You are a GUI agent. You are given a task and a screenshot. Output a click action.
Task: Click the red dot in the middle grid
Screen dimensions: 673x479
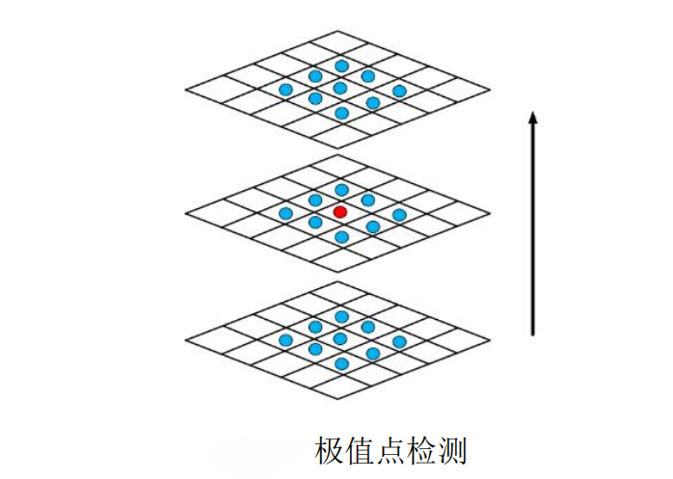click(x=339, y=211)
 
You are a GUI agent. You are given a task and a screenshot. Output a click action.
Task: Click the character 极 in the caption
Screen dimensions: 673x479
click(x=331, y=450)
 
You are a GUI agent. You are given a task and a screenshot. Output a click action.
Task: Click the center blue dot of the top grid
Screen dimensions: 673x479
click(x=339, y=88)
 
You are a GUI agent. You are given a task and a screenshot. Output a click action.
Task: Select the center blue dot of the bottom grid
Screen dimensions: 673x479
click(x=339, y=338)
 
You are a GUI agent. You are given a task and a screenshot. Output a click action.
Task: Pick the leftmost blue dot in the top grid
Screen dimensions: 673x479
click(x=285, y=90)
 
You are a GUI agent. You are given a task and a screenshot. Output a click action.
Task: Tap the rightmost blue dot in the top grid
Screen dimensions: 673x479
click(x=399, y=91)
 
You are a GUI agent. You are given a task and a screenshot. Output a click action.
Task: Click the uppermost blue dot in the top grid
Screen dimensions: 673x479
click(x=341, y=66)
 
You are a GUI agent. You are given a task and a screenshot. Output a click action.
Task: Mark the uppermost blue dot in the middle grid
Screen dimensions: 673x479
click(x=341, y=190)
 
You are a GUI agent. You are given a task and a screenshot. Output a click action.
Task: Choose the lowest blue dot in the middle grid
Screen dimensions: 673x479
click(x=341, y=237)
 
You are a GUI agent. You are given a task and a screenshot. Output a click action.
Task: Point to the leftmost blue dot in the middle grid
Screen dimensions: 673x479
click(x=285, y=213)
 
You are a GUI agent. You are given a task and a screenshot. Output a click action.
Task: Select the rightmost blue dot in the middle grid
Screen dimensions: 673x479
click(x=399, y=215)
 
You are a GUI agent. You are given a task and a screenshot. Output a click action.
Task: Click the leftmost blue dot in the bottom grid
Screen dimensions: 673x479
click(x=285, y=340)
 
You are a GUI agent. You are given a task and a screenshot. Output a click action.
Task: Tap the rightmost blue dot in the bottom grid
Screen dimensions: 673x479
click(x=399, y=342)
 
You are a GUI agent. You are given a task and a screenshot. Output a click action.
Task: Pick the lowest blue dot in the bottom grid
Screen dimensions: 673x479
click(x=341, y=363)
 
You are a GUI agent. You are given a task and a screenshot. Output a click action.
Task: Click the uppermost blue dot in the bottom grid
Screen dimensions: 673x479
click(x=341, y=316)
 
